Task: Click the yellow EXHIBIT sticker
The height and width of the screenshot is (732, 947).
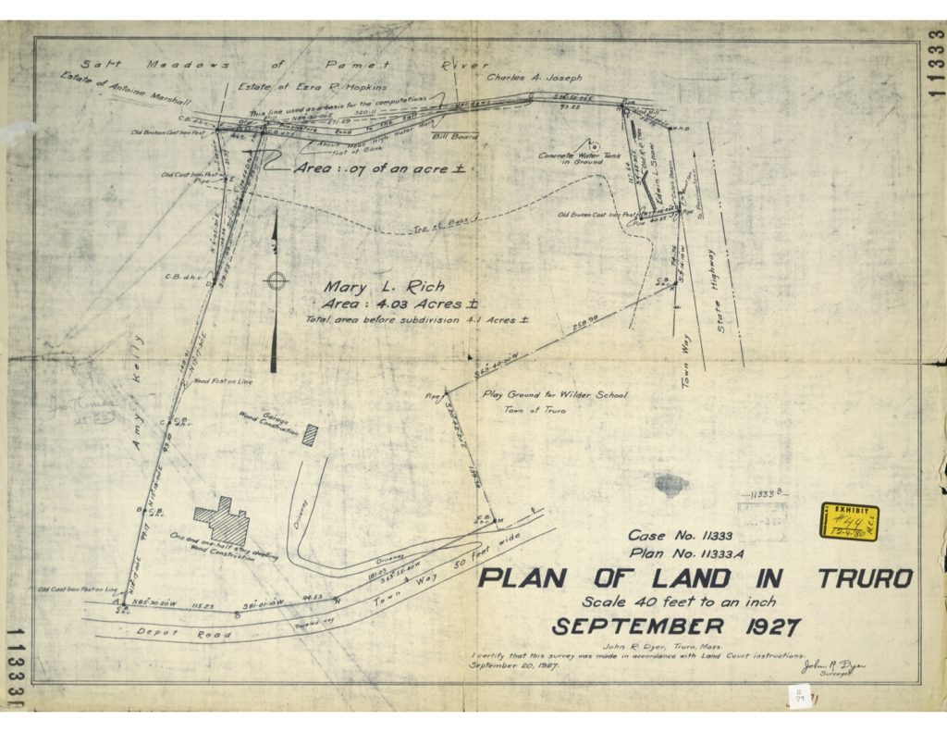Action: [849, 522]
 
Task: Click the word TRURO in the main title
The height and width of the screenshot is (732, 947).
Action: [865, 580]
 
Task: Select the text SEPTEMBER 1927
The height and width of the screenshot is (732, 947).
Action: [675, 627]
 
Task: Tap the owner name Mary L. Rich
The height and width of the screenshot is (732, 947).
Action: [384, 288]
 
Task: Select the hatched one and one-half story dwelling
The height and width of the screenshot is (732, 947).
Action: [225, 521]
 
